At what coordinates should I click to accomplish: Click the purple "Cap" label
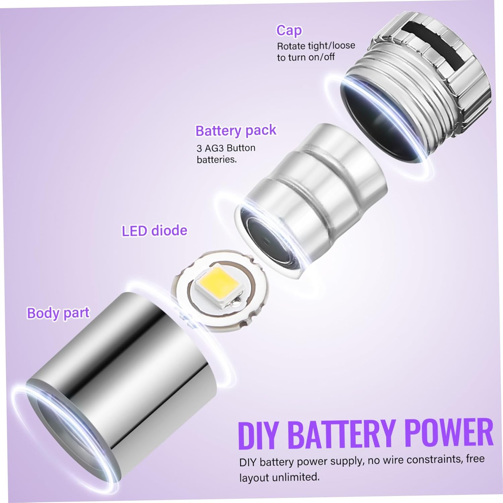[289, 30]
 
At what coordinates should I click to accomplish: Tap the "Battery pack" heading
[236, 130]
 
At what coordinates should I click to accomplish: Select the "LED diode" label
[154, 231]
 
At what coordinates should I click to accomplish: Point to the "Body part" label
[58, 313]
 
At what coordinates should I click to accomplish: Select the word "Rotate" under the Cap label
[291, 46]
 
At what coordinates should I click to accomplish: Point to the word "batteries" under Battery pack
[216, 160]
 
